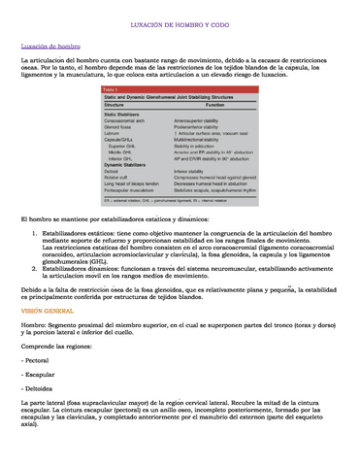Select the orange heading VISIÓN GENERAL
tap(47, 310)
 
